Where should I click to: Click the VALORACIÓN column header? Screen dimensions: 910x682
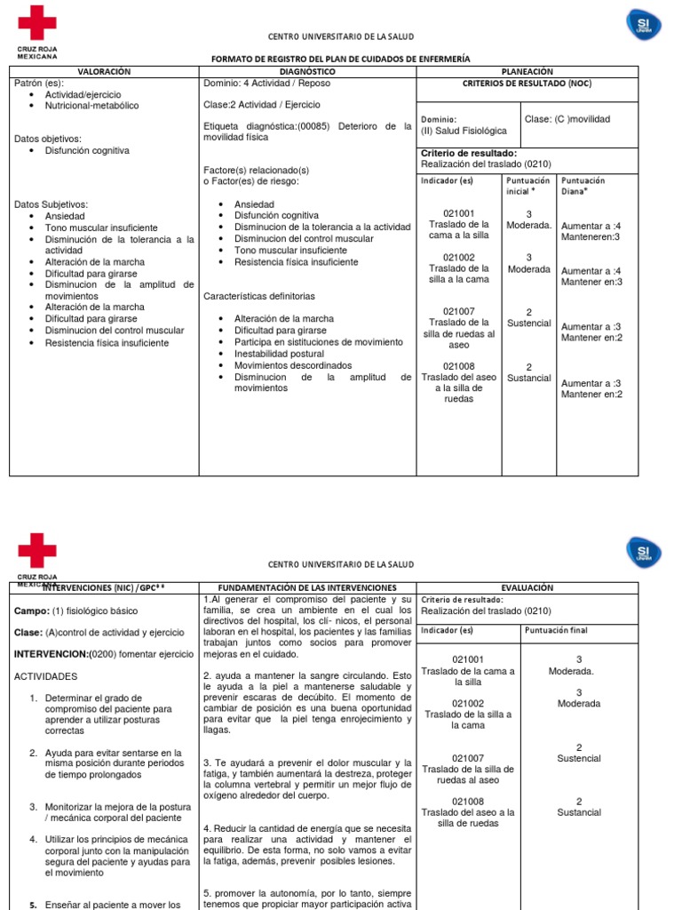click(x=104, y=71)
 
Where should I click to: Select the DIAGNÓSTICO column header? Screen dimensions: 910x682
click(x=307, y=71)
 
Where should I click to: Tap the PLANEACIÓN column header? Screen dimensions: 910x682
click(x=527, y=71)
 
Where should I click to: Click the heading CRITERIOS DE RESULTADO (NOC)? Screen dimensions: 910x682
click(x=527, y=84)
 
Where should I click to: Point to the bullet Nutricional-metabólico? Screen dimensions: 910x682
click(x=91, y=106)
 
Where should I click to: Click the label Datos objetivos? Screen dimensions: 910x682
click(x=48, y=139)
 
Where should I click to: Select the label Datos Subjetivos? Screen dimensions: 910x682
click(x=51, y=204)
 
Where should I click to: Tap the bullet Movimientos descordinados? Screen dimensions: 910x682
click(x=292, y=365)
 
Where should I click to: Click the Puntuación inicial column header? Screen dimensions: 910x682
click(x=527, y=186)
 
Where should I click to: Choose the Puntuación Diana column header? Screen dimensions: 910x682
click(x=583, y=186)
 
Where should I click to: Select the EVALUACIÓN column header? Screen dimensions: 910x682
click(x=527, y=587)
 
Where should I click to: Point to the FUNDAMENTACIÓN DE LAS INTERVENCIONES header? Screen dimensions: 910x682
click(x=307, y=587)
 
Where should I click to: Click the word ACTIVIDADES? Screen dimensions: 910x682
click(x=47, y=676)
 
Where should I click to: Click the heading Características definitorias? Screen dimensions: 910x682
click(x=259, y=296)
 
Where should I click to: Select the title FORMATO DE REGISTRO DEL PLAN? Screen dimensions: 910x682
click(x=340, y=59)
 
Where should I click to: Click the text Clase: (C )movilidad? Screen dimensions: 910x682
click(x=567, y=119)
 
